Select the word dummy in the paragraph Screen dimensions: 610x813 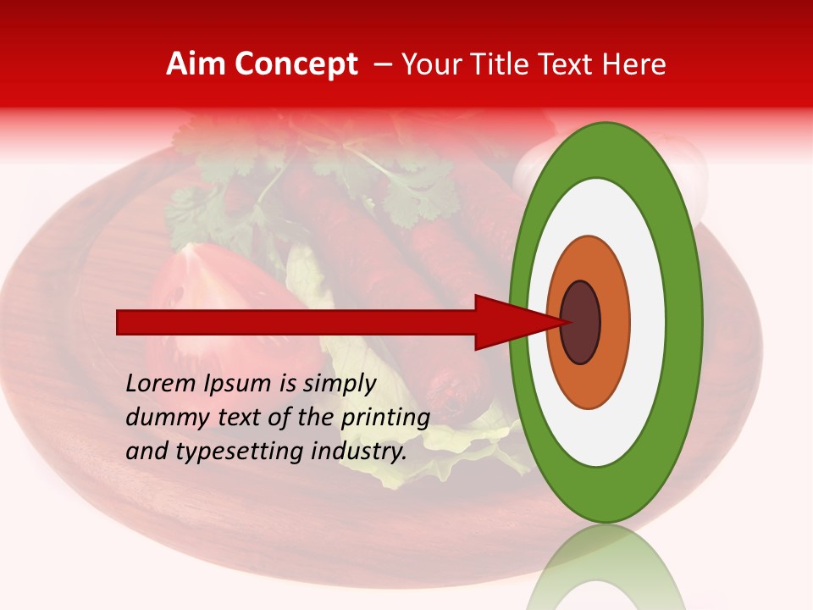point(164,418)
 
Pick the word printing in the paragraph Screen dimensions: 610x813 point(384,418)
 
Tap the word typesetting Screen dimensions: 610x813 point(240,452)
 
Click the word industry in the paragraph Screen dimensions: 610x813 point(358,452)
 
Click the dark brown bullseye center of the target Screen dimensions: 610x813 point(580,322)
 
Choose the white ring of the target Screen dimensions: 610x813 point(647,322)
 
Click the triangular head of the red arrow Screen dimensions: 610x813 point(508,322)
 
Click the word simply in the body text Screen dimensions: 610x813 point(340,384)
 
